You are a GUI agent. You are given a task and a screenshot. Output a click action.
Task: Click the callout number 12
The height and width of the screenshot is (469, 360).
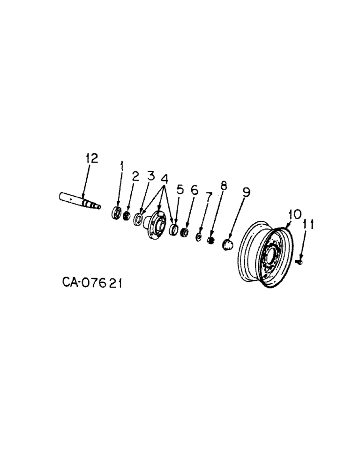91,159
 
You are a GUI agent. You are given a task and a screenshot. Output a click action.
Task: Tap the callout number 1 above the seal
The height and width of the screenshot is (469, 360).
122,166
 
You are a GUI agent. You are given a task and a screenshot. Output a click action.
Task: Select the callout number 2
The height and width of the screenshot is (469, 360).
135,176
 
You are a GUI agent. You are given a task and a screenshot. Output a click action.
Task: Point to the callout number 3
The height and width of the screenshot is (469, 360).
150,176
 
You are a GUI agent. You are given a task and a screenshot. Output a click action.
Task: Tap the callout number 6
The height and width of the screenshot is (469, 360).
194,189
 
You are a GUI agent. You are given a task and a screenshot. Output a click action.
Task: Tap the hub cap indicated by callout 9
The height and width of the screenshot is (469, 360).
227,244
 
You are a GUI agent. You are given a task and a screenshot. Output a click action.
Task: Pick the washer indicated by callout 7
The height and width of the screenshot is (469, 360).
198,237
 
